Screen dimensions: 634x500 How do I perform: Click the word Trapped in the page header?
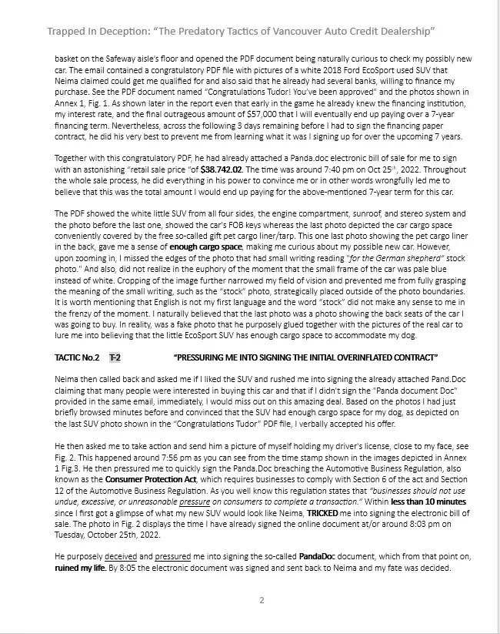pos(67,31)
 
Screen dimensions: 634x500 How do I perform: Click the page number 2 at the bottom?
pos(262,601)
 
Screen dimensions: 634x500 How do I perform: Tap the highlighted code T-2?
pos(115,357)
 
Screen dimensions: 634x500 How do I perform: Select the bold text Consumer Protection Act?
pos(142,478)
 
